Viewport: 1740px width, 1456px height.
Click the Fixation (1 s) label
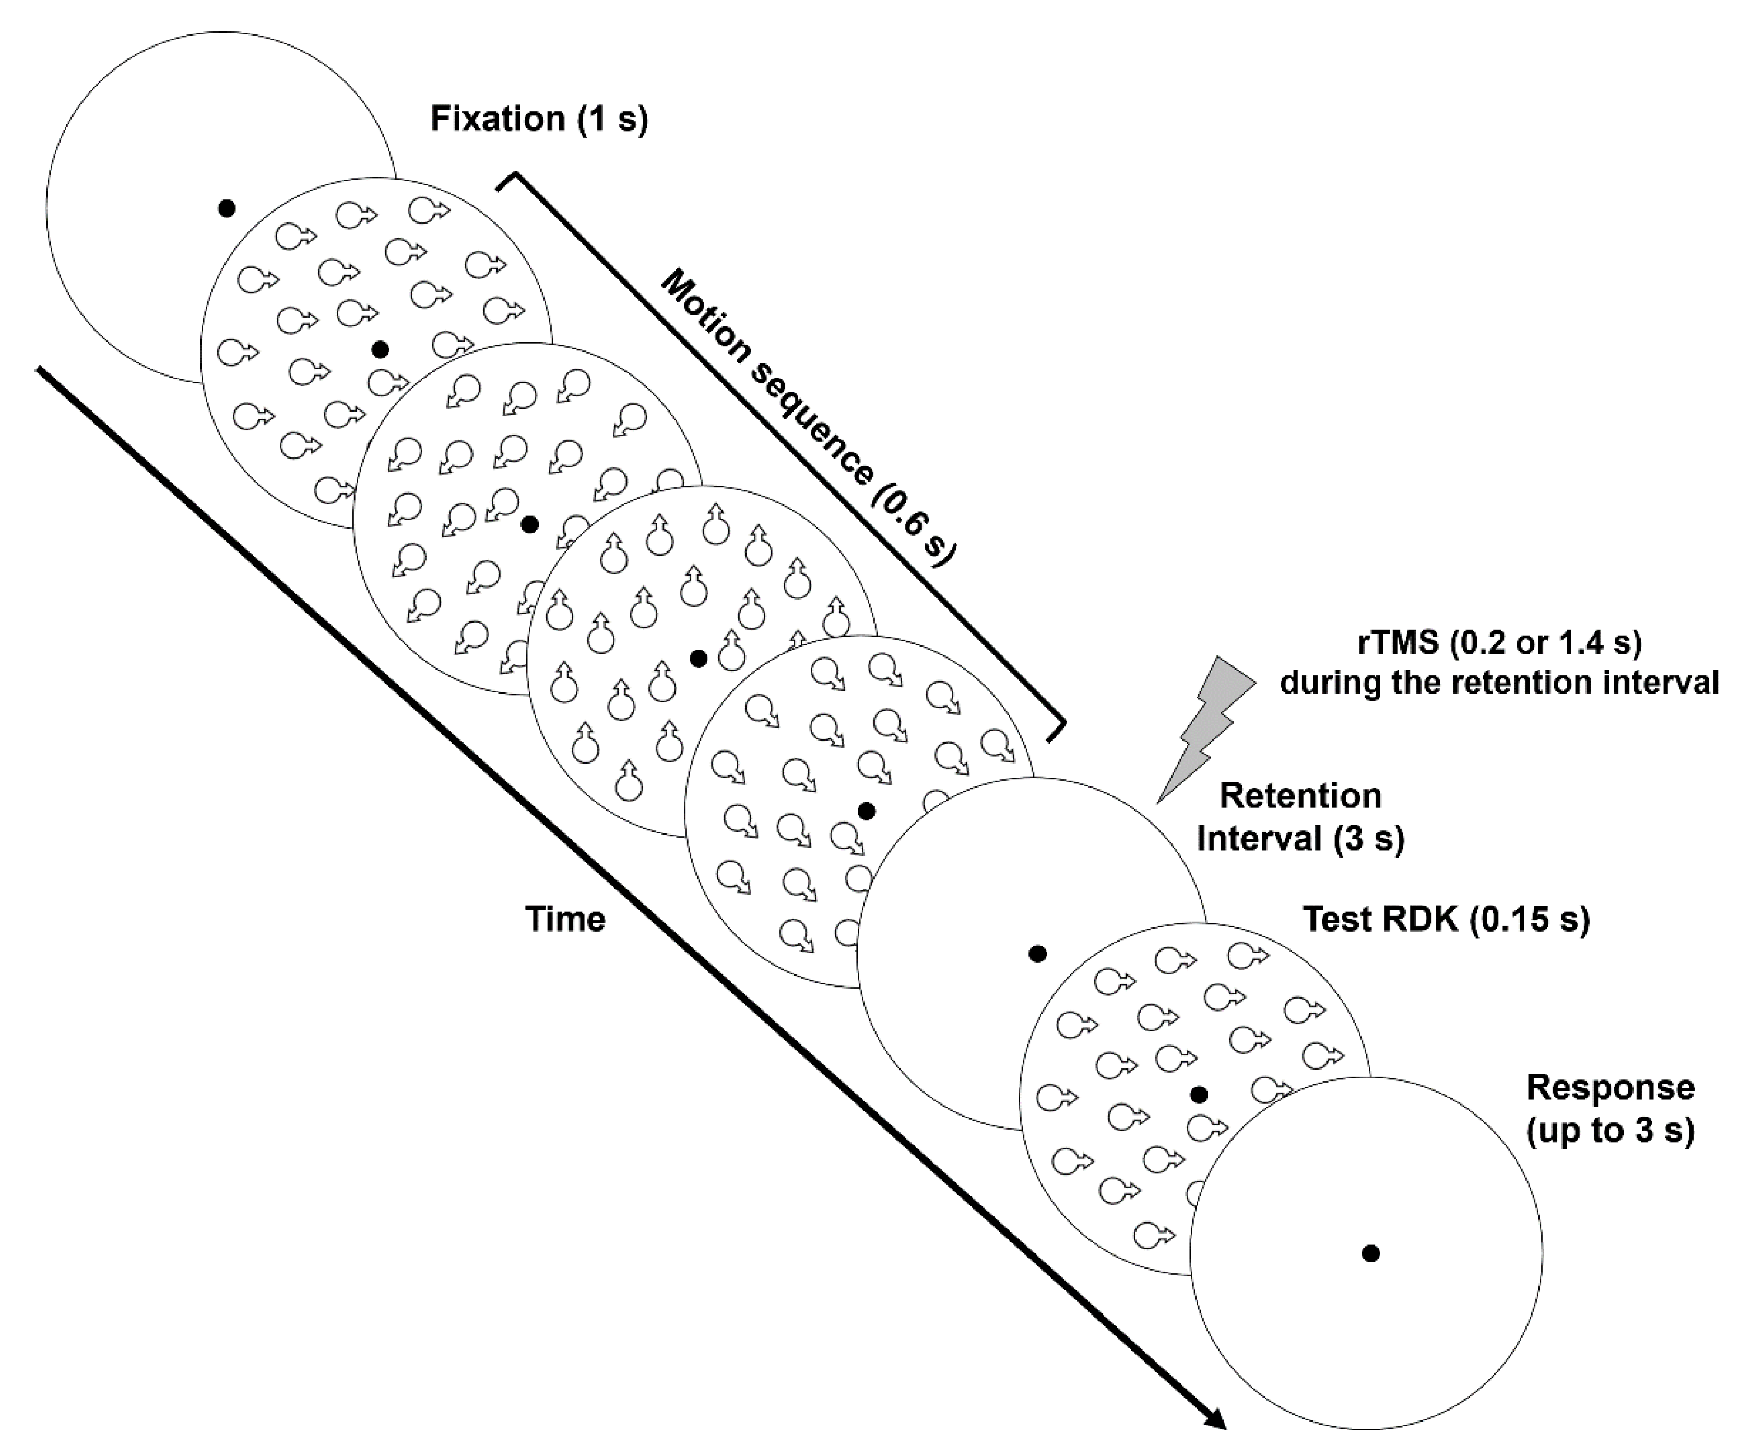[539, 119]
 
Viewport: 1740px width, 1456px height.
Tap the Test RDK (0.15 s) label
[1446, 919]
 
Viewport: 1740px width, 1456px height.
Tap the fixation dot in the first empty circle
[226, 208]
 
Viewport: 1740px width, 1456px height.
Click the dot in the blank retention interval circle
[1037, 954]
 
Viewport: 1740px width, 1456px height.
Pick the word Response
[1610, 1087]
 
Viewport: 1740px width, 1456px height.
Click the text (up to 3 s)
[1610, 1131]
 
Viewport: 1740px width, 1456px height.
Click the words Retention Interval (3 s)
[1301, 818]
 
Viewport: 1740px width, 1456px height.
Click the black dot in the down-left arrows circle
[530, 524]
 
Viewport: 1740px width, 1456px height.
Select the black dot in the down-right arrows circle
[867, 811]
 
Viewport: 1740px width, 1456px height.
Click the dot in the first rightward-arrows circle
[380, 350]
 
